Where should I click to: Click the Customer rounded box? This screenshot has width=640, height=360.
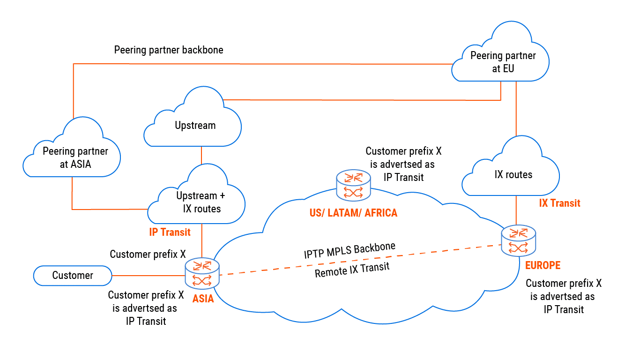(x=73, y=276)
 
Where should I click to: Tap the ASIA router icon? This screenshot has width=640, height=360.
(x=202, y=274)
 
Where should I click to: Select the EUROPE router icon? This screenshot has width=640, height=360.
(x=518, y=240)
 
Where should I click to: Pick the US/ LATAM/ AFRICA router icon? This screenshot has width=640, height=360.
(x=353, y=185)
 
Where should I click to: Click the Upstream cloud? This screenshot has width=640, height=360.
(x=195, y=125)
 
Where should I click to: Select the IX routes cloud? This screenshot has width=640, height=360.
(x=513, y=175)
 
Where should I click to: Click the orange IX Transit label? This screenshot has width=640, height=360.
(x=559, y=203)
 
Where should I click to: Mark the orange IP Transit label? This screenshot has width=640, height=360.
(x=170, y=232)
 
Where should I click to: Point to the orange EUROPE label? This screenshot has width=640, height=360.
(x=543, y=265)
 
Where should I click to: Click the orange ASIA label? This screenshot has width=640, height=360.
(x=203, y=299)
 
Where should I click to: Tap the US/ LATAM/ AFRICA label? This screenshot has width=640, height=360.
(x=353, y=213)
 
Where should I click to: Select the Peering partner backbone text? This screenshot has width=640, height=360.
(x=169, y=50)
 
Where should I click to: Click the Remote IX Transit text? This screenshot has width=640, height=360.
(x=352, y=270)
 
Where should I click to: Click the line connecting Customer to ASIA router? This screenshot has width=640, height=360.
(x=149, y=276)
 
